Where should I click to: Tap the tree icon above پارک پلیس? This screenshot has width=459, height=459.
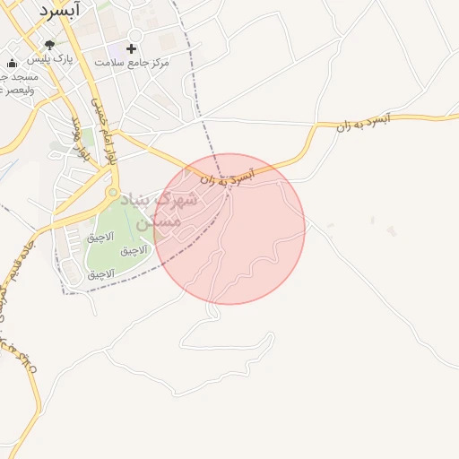(x=49, y=45)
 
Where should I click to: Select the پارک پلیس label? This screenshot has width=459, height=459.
(x=49, y=58)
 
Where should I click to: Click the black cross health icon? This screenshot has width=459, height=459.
(x=132, y=48)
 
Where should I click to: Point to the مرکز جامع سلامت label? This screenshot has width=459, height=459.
(x=131, y=62)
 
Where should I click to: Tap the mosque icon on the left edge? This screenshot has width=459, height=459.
(x=11, y=64)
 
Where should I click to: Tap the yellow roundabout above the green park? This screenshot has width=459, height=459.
(x=112, y=192)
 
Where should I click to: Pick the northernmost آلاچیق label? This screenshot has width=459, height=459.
(x=100, y=238)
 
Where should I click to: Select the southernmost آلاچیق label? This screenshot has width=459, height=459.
(x=100, y=273)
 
